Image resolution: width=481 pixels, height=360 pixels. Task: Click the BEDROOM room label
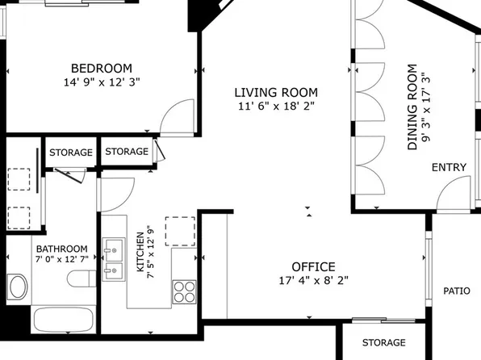101,69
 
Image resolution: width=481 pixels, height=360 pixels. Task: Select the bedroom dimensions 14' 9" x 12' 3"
101,82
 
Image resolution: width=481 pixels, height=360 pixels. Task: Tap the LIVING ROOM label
276,93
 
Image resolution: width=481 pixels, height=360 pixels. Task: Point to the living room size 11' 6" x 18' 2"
276,106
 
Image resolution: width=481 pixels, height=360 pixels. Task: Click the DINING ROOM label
413,108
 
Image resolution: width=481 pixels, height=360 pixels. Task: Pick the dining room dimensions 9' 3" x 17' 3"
427,108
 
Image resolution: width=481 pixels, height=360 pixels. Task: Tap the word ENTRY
449,167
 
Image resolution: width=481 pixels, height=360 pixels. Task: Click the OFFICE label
313,267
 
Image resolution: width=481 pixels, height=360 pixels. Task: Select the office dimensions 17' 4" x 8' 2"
313,281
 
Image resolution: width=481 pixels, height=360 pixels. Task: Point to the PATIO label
456,291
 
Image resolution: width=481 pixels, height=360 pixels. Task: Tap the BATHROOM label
61,249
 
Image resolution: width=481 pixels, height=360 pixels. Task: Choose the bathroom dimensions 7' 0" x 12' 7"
61,260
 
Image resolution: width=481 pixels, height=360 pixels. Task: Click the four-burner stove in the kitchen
185,290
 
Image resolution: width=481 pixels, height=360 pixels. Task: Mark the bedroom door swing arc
176,121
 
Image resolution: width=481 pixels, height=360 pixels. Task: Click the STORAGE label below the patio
383,342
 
